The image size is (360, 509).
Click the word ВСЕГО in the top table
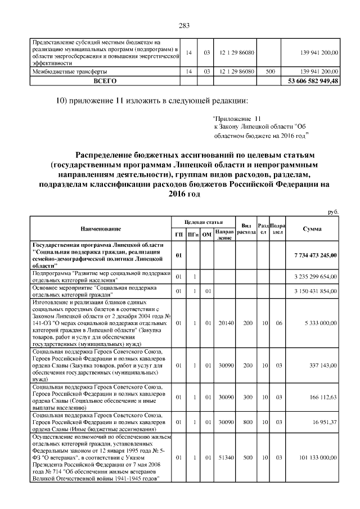coord(105,80)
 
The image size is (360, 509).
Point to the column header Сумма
coord(312,229)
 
